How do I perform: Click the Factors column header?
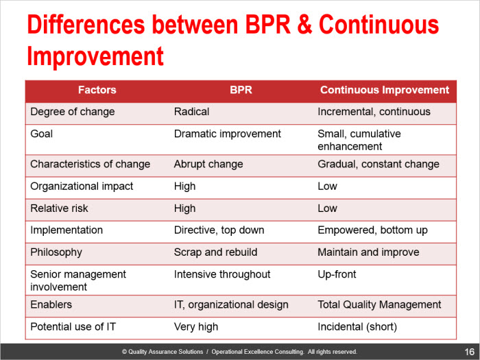pyautogui.click(x=97, y=90)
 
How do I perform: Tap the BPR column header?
pyautogui.click(x=241, y=90)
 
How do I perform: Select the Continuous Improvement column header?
pyautogui.click(x=385, y=90)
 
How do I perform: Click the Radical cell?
pyautogui.click(x=191, y=112)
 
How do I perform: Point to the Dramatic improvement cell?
pyautogui.click(x=228, y=134)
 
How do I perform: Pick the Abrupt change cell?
pyautogui.click(x=208, y=165)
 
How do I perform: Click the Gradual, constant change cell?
pyautogui.click(x=379, y=165)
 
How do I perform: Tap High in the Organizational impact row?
pyautogui.click(x=184, y=187)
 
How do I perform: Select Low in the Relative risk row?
pyautogui.click(x=327, y=208)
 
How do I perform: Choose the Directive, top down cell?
pyautogui.click(x=219, y=230)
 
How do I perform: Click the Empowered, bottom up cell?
pyautogui.click(x=372, y=230)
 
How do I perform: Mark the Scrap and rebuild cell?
pyautogui.click(x=215, y=252)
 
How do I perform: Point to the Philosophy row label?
pyautogui.click(x=56, y=252)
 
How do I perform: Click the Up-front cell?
pyautogui.click(x=337, y=274)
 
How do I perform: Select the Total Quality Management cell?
pyautogui.click(x=379, y=305)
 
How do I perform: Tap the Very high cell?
pyautogui.click(x=196, y=327)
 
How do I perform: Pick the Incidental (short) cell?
pyautogui.click(x=357, y=327)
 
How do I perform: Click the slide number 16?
pyautogui.click(x=469, y=352)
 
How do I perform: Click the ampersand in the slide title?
pyautogui.click(x=304, y=25)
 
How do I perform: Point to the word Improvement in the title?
pyautogui.click(x=95, y=56)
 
